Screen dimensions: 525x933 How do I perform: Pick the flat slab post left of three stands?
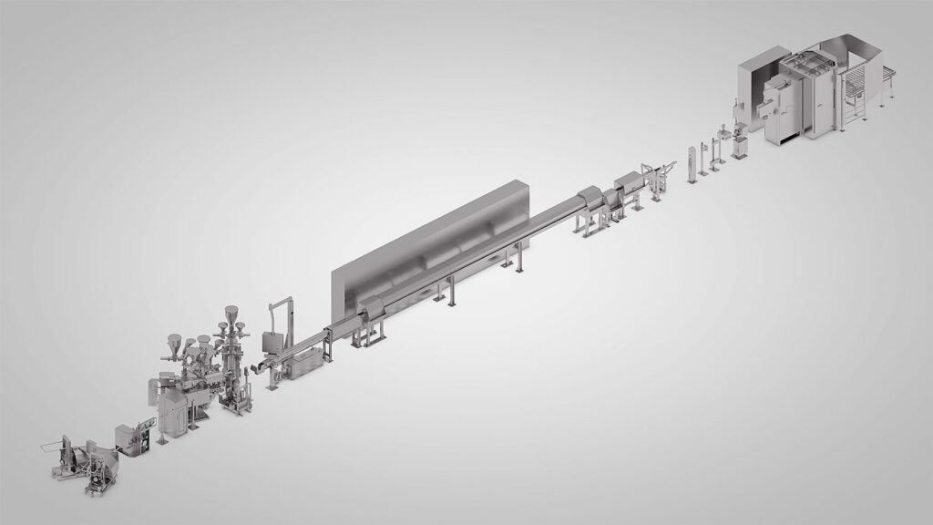click(692, 161)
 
